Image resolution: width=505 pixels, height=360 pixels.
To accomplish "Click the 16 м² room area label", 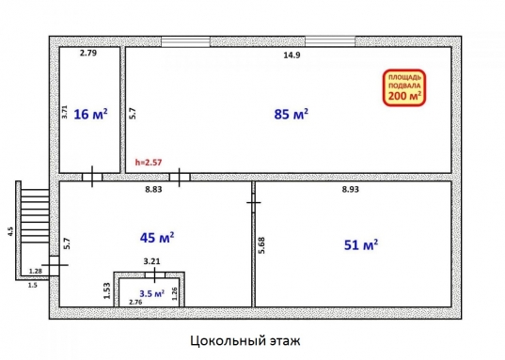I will coord(90,115).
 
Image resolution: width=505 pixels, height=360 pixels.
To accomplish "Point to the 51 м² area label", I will coord(361,245).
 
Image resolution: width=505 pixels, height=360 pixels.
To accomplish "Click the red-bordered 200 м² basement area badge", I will coord(404,87).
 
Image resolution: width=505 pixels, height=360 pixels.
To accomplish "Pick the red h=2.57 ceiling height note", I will coord(150,163).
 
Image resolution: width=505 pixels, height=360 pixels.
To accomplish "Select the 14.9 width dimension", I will coord(292,55).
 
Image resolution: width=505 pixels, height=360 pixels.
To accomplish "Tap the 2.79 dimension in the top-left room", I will coord(88,54).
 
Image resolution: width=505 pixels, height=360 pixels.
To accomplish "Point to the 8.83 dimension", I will coord(153,190).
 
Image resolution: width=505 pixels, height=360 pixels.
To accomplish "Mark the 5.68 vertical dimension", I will coord(260,246).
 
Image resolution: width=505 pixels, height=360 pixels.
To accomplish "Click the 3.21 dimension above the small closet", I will coord(150,261).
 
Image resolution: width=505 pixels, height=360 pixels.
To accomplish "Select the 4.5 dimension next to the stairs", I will coord(10,231).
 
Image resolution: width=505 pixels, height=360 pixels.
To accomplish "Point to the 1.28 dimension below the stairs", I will coord(35,271).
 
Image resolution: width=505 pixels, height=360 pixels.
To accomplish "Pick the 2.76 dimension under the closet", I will coord(135,302).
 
